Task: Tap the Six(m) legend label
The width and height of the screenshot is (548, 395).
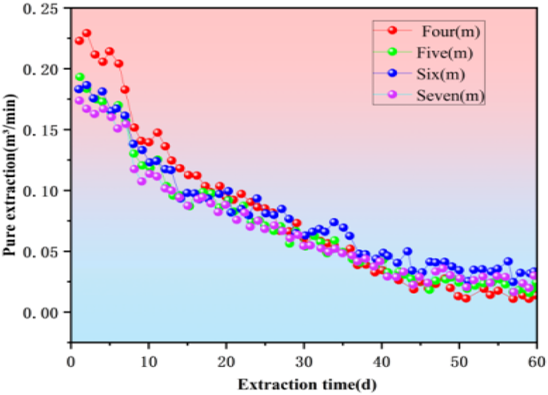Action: pos(443,75)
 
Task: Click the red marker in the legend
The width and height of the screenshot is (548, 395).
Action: pos(392,31)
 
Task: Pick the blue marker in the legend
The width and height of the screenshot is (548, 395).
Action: pos(392,75)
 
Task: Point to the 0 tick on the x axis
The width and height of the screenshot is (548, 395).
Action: pos(71,357)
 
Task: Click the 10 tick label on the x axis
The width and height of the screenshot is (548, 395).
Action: pos(148,357)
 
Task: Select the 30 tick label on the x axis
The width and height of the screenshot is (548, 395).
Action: pos(303,357)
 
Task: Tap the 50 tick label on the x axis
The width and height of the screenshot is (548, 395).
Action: pos(458,357)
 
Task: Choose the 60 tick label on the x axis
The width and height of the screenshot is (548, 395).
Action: pos(534,357)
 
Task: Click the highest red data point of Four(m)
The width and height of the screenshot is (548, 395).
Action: pos(86,34)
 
